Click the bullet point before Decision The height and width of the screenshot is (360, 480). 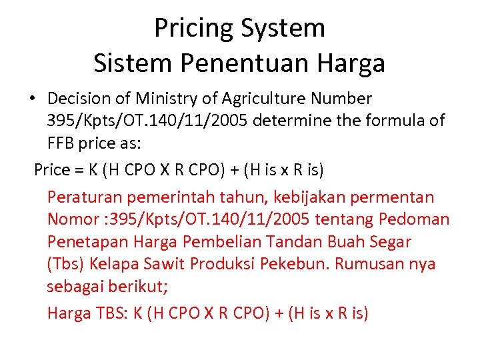pos(31,99)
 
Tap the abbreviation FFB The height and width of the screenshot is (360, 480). pos(62,144)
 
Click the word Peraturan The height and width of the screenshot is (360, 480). pos(80,197)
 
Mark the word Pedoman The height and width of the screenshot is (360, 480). pos(414,219)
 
